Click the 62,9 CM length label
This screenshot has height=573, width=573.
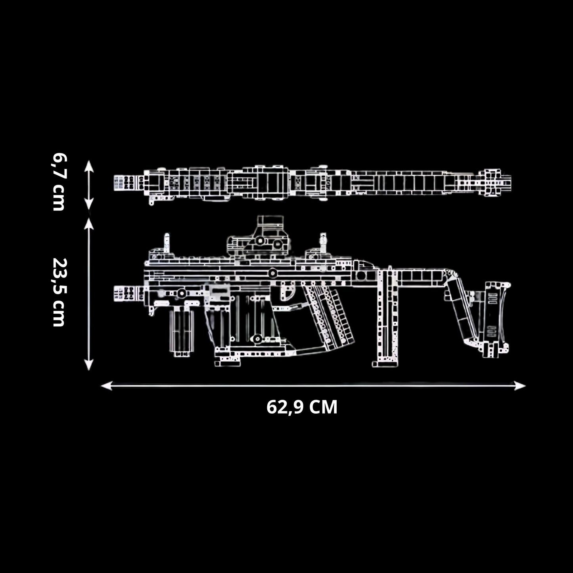302,407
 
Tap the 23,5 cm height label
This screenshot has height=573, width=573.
59,292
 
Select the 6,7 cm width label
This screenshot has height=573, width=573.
59,182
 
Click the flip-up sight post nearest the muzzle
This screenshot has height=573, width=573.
167,243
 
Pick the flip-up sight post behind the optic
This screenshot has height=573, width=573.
324,243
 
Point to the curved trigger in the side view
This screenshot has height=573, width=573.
289,293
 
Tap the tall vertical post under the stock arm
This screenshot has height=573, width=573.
385,313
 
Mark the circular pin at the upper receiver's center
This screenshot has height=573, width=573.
272,273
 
